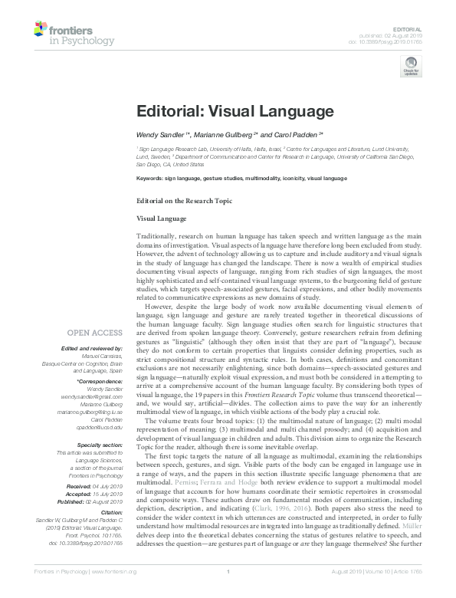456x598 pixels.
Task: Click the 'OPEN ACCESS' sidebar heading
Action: pos(94,333)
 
